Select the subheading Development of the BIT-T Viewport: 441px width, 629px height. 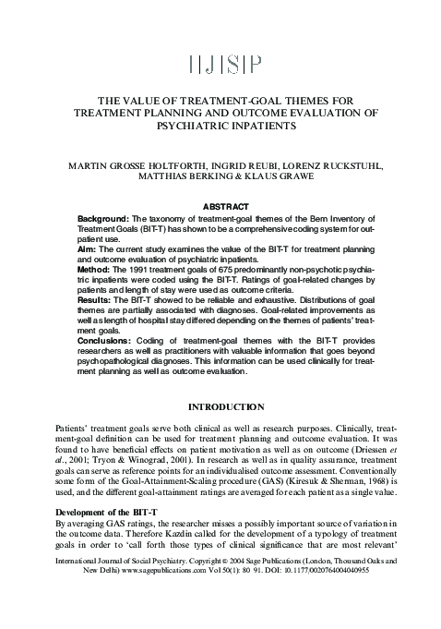point(74,511)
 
